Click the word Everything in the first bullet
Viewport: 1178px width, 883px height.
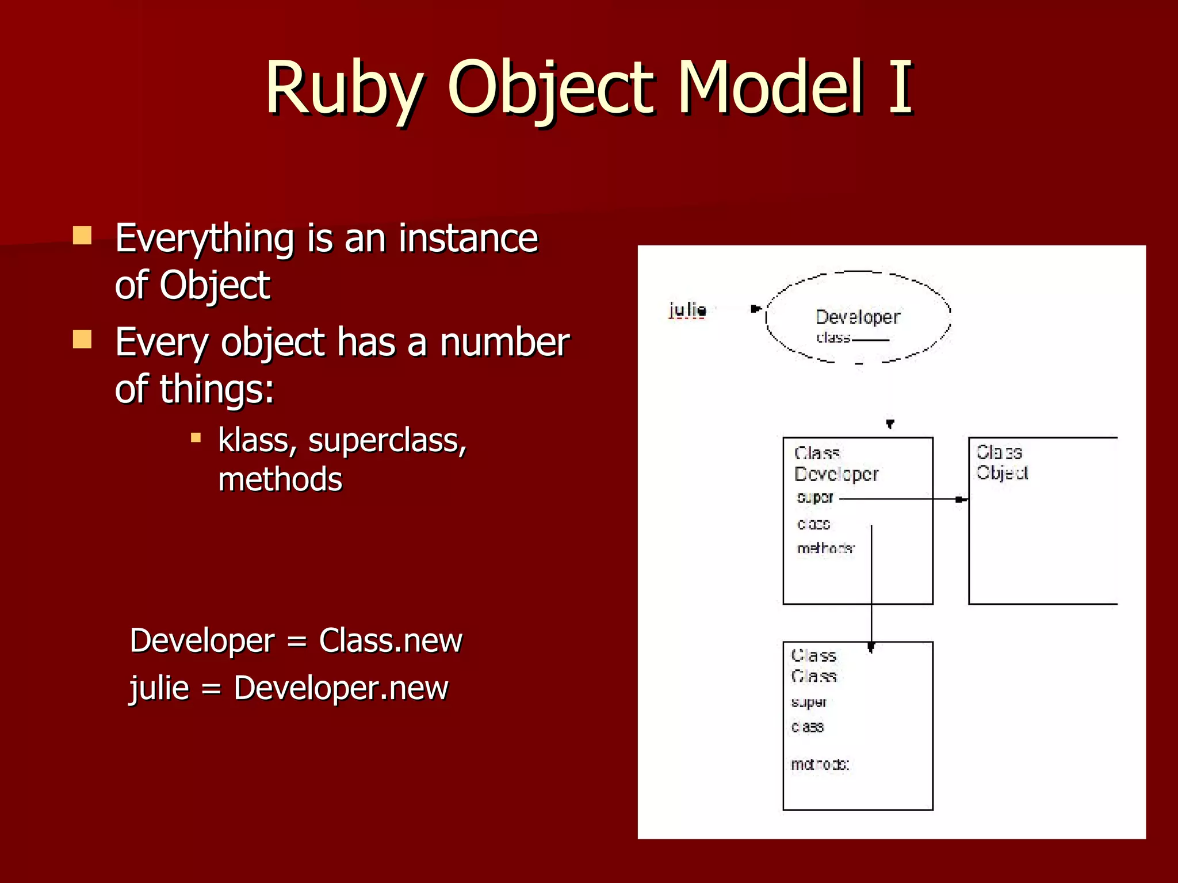point(204,239)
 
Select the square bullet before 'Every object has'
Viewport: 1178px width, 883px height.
point(82,339)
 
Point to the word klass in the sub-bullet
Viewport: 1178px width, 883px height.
point(257,441)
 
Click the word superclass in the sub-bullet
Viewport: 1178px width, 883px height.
point(387,441)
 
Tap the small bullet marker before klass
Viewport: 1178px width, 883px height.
point(196,438)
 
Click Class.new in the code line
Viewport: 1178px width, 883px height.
point(390,640)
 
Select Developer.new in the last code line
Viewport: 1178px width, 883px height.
point(341,688)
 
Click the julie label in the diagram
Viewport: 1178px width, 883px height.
point(687,310)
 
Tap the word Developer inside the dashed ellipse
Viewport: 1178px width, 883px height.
point(857,317)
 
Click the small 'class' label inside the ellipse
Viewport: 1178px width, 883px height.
point(833,337)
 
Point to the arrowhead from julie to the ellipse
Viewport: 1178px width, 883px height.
point(756,309)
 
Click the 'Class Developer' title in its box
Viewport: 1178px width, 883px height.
point(835,463)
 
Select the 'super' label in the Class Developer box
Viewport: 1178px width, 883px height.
point(814,497)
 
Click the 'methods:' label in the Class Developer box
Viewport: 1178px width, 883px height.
point(825,548)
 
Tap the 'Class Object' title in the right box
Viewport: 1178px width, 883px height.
point(1001,462)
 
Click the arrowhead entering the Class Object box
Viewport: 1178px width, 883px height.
point(961,500)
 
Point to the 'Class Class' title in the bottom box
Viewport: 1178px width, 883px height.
point(813,666)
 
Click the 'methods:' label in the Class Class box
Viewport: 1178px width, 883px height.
point(820,764)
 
